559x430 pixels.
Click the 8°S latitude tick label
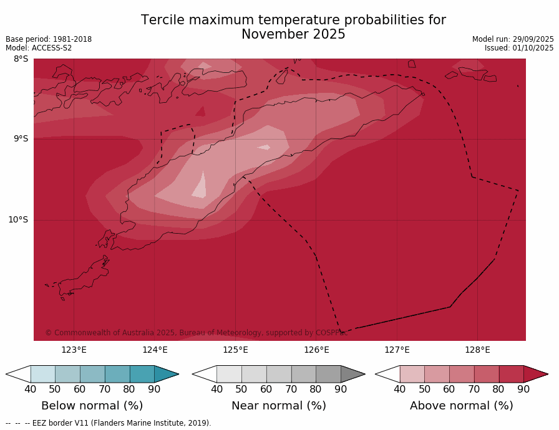[21, 59]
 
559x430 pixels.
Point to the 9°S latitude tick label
[21, 139]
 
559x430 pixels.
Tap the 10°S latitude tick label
[18, 219]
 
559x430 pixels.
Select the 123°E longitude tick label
[74, 350]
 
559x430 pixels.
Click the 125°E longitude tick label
[235, 350]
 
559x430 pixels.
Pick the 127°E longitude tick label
[397, 350]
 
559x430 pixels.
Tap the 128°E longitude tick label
[477, 350]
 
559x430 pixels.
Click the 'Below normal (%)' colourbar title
[92, 406]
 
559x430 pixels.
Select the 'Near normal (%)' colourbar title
[279, 406]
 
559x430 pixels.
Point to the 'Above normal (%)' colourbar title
[462, 406]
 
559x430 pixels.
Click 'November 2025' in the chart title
[293, 35]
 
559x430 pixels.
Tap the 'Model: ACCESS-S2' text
[39, 48]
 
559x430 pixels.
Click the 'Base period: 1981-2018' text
[49, 39]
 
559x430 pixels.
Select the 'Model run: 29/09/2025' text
[513, 39]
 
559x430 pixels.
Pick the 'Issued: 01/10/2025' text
[519, 48]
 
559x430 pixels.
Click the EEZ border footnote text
[109, 423]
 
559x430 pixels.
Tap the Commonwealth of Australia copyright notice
[197, 333]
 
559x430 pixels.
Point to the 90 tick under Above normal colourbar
[523, 389]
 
